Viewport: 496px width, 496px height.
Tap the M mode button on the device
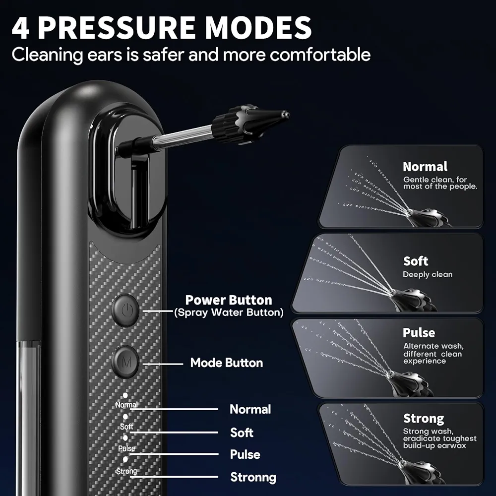(x=127, y=362)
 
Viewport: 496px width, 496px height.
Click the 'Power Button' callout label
(x=229, y=300)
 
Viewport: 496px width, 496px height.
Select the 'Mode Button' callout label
(x=227, y=363)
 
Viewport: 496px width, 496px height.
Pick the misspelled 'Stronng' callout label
(x=253, y=477)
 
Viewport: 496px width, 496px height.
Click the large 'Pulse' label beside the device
(x=245, y=454)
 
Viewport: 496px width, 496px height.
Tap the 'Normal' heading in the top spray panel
(x=425, y=167)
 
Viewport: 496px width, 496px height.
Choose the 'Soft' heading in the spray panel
(x=416, y=261)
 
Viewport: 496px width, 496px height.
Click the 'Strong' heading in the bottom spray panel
(x=423, y=419)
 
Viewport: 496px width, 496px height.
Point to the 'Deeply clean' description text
(x=428, y=274)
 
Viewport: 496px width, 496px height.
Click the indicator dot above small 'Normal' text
(x=125, y=395)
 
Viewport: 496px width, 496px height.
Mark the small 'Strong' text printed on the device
(x=126, y=471)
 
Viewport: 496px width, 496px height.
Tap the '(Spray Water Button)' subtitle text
(x=229, y=312)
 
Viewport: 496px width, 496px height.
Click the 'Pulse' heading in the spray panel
(x=419, y=333)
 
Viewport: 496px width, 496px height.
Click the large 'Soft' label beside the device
(x=242, y=432)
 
